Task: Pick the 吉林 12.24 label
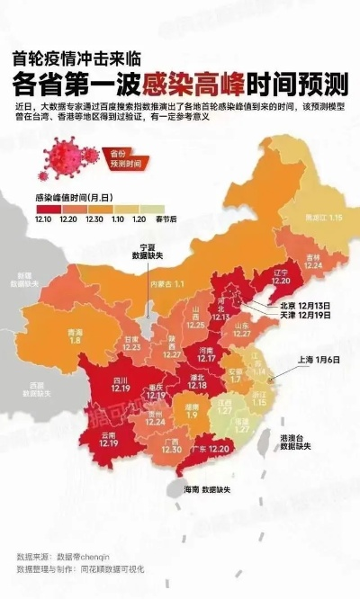[313, 261]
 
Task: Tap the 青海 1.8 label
[51, 335]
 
